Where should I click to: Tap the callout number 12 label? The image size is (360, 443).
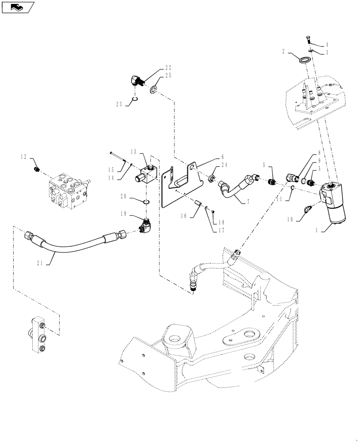coord(23,156)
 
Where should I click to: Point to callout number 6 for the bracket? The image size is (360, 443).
coord(222,157)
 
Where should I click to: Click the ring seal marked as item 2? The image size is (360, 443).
coord(304,60)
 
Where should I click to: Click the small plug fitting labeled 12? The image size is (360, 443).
coord(37,169)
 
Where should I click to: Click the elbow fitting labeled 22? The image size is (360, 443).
coord(136,80)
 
